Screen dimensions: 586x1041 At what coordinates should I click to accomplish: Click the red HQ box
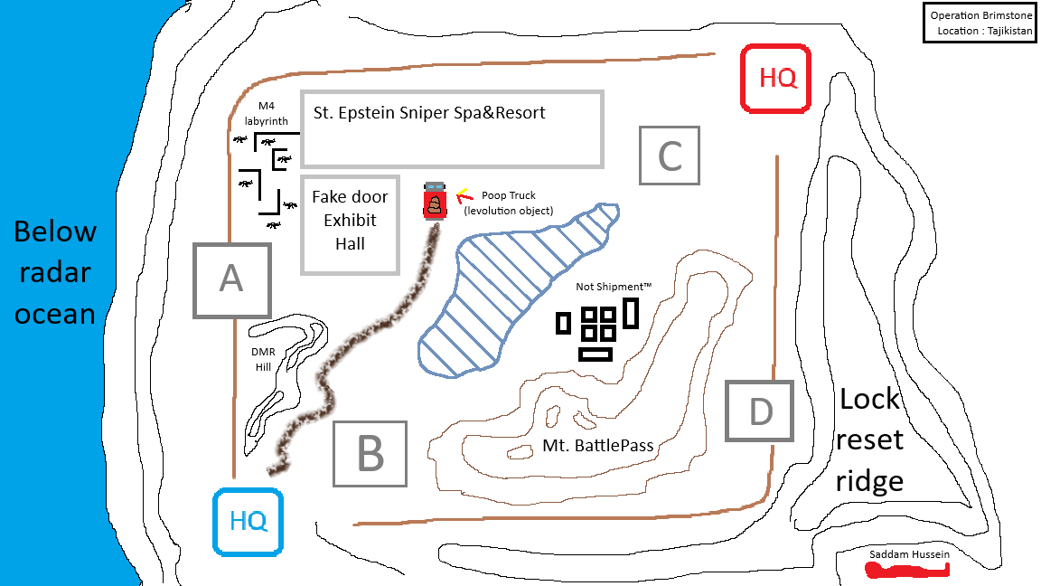pos(775,79)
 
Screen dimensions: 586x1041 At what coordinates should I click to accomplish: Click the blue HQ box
pos(248,521)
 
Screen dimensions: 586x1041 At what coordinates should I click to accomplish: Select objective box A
pos(231,279)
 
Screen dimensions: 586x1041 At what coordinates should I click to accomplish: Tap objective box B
pos(370,454)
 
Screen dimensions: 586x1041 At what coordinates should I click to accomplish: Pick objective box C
pos(670,156)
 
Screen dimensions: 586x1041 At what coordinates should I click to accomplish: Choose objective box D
pos(758,411)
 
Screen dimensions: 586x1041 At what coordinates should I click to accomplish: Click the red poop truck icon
pos(435,201)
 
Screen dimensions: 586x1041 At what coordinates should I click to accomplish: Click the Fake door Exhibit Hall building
pos(350,224)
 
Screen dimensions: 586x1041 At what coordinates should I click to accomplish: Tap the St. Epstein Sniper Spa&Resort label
pos(429,113)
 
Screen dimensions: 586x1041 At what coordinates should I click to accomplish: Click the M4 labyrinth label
pos(266,113)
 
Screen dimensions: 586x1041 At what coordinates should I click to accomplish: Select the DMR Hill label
pos(263,359)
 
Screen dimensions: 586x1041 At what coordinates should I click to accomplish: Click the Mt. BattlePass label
pos(597,445)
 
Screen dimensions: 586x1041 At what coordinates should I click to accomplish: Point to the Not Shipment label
pos(614,287)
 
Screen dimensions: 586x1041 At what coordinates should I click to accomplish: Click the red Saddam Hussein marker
pos(907,570)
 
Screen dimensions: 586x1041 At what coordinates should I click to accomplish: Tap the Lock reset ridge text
pos(869,439)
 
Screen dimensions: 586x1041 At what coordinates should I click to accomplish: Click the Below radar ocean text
pos(55,272)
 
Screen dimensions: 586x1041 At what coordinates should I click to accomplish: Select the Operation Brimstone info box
pos(980,23)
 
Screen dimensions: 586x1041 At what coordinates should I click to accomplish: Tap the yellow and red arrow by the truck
pos(463,194)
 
